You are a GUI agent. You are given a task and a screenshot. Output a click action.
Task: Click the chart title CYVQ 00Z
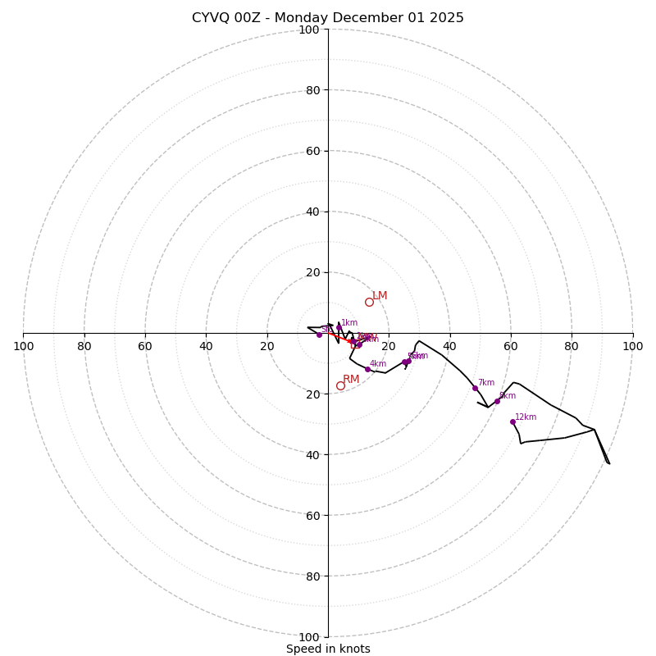(327, 18)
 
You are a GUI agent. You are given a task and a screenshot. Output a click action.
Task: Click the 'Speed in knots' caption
(328, 649)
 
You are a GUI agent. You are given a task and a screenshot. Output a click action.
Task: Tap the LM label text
(380, 296)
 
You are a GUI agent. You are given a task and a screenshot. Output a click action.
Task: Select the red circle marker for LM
(369, 302)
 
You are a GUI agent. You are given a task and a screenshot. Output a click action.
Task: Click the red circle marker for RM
(340, 385)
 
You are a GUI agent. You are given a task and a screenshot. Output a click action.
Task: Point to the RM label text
(351, 380)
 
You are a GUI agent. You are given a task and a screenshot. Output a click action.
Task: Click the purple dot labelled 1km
(339, 327)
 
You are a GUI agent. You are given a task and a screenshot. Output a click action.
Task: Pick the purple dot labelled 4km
(367, 369)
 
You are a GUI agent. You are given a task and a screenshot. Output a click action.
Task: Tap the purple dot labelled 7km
(475, 388)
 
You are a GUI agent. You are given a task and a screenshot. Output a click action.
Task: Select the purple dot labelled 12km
(512, 421)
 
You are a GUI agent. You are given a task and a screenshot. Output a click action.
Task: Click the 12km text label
(526, 417)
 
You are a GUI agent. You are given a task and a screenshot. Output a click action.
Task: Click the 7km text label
(486, 383)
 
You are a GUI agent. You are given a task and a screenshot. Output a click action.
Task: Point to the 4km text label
(377, 364)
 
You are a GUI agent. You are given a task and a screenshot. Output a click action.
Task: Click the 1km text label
(349, 323)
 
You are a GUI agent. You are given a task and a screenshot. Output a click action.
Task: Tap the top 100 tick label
(309, 30)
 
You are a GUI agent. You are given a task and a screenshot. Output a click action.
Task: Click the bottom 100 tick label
(309, 637)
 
